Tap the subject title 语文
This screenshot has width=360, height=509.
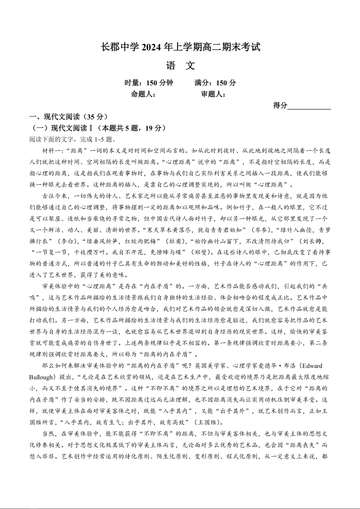click(x=180, y=65)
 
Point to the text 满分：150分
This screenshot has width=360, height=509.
click(x=215, y=83)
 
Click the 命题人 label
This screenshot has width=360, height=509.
click(x=143, y=94)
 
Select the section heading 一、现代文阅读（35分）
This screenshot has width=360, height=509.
click(x=68, y=117)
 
